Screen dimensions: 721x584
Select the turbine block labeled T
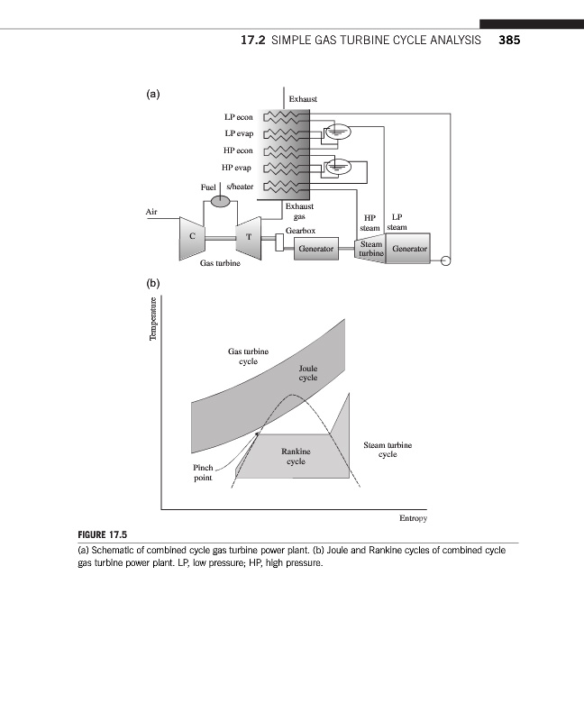(x=248, y=236)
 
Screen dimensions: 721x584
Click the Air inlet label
(x=151, y=212)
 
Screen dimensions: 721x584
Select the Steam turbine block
(x=370, y=249)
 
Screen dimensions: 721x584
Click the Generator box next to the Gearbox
(x=316, y=247)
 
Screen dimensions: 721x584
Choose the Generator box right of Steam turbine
(x=410, y=248)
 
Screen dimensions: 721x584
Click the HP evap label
(x=238, y=168)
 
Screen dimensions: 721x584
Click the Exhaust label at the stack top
(x=302, y=98)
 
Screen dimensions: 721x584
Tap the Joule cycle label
(x=307, y=373)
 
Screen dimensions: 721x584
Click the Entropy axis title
(x=412, y=519)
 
